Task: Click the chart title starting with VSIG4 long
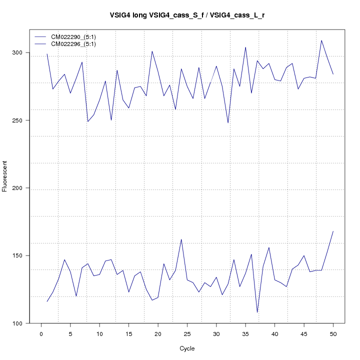(187, 15)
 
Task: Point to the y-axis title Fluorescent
(5, 176)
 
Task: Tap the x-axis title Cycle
(187, 348)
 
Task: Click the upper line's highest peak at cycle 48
(321, 40)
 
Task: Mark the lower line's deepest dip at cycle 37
(257, 312)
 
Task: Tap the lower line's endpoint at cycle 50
(333, 231)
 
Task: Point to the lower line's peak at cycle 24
(181, 239)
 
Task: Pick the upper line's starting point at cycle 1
(47, 54)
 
